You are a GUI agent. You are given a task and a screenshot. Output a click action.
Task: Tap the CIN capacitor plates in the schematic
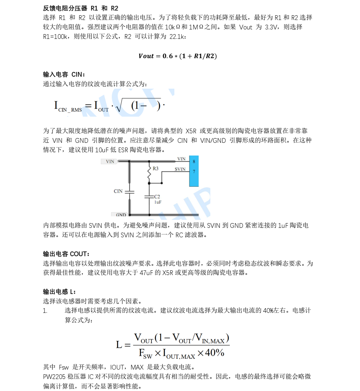point(130,192)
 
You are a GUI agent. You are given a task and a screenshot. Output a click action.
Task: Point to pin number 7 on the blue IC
point(194,171)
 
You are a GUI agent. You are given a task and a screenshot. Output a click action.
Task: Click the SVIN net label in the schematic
point(180,169)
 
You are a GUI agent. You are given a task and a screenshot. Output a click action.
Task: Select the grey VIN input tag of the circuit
point(109,161)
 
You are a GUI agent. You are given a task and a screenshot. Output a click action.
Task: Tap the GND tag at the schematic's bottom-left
point(121,215)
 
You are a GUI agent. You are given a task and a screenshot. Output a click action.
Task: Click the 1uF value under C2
point(158,202)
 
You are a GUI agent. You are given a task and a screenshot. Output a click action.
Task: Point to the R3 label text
point(155,169)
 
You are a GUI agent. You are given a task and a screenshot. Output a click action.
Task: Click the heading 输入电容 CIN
point(64,74)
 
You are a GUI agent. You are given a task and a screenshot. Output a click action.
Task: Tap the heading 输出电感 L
point(60,291)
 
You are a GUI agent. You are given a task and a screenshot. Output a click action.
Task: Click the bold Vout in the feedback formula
point(146,56)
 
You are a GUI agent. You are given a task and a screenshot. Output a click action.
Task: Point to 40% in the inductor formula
point(215,352)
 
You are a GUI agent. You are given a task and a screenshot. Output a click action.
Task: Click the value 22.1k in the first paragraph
point(177,37)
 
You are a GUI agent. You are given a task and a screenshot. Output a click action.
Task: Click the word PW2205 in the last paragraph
point(53,376)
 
